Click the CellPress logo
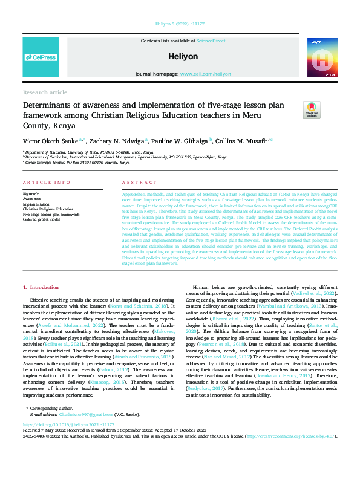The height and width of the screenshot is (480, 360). coord(41,57)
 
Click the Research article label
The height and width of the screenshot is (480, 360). coord(45,92)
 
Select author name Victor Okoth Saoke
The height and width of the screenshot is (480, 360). coord(51,140)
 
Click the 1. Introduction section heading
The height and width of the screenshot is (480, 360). coord(41,287)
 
